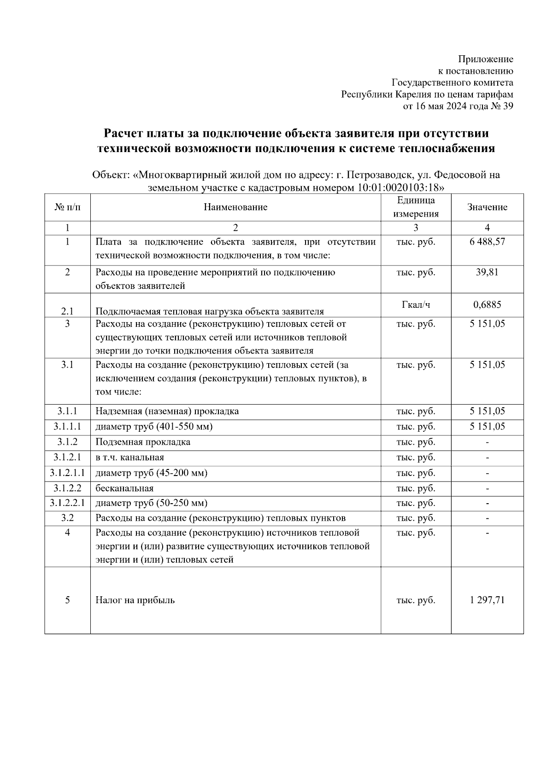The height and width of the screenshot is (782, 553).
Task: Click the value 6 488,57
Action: coord(487,242)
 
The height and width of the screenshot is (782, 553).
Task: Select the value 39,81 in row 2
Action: coord(487,272)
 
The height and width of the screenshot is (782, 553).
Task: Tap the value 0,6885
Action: coord(487,305)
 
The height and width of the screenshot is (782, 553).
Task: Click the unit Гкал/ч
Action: coord(416,305)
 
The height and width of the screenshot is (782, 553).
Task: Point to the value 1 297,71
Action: coord(487,600)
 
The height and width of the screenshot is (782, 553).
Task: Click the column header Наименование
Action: coord(235,207)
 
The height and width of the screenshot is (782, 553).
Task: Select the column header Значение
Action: coord(487,207)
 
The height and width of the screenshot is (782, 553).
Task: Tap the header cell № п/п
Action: coord(67,207)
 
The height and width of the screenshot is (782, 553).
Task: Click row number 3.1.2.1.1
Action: coord(67,473)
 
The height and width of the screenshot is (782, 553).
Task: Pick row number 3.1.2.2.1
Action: coord(67,503)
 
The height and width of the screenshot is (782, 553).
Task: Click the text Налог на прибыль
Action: coord(135,600)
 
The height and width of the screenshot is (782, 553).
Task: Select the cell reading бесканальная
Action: coord(124,488)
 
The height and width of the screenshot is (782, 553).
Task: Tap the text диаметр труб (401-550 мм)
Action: coord(154,426)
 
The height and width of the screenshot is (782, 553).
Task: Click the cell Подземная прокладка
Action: coord(143,442)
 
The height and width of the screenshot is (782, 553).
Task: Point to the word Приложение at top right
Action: coord(485,59)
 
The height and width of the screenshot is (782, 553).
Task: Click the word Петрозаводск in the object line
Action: coord(377,175)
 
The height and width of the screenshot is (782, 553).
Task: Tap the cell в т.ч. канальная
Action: coord(129,458)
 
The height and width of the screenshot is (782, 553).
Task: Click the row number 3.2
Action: coord(67,518)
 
